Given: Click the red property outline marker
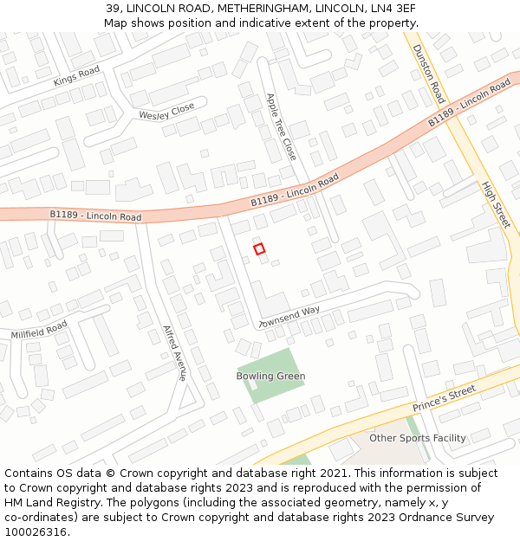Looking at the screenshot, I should (259, 248).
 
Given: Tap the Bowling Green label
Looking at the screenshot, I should (270, 377).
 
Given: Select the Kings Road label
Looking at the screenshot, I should (76, 76).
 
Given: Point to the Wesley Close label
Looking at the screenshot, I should (166, 113).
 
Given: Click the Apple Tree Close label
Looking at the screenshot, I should (281, 127).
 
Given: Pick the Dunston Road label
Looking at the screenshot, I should (428, 73).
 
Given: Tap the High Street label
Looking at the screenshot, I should (497, 205).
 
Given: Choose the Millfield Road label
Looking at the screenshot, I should (39, 329).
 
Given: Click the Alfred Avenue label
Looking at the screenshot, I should (175, 353).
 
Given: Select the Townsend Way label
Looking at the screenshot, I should (289, 317).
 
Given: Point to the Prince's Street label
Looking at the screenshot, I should (444, 398).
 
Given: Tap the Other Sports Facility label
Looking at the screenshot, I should (418, 438).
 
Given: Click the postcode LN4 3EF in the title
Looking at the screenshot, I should (395, 9).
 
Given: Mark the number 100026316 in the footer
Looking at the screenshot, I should (36, 532).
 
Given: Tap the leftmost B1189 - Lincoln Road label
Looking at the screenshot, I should (95, 215).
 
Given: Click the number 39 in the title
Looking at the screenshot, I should (114, 9).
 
